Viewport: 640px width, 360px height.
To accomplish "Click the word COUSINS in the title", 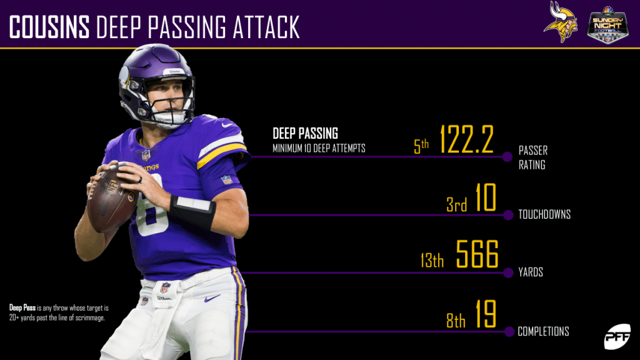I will point(49,27).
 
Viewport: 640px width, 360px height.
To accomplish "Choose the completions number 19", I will point(485,316).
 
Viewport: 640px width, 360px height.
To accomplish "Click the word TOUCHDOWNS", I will point(544,214).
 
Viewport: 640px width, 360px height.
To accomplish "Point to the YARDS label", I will point(531,272).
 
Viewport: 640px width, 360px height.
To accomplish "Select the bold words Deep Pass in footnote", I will point(22,307).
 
